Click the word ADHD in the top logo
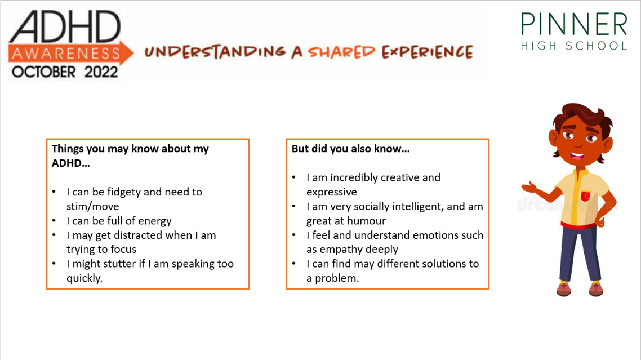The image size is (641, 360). pos(65,26)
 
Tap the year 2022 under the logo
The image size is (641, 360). pos(101,72)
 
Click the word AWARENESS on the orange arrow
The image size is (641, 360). pos(66,53)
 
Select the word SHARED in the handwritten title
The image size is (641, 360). pos(341,51)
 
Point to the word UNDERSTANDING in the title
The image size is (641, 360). pos(215,51)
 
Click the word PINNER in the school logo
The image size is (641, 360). pos(574,24)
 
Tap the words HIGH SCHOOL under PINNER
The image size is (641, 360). pos(574,46)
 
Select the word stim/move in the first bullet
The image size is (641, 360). pos(93,207)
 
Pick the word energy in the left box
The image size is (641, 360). pos(154,221)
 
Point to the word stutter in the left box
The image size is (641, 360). pos(119,264)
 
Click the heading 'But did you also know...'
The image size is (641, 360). pos(350,149)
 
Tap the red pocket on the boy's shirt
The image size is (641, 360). pos(585,196)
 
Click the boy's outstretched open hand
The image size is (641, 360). pos(529,188)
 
